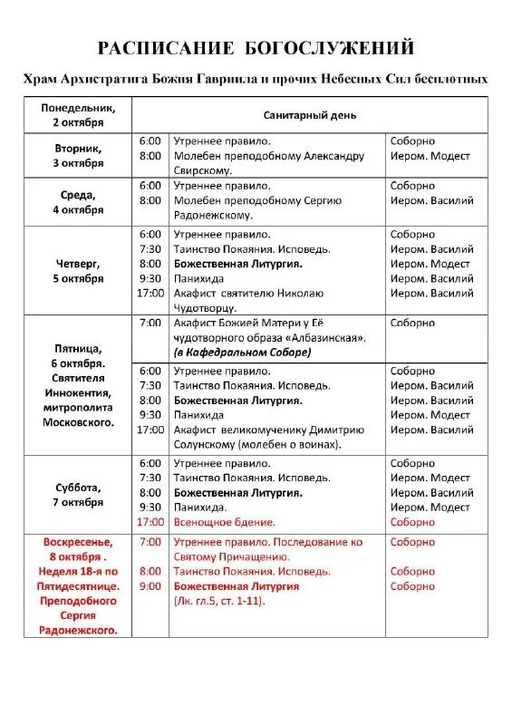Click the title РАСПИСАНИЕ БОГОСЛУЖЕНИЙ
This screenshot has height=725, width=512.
point(256,48)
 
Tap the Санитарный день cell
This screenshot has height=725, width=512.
point(309,115)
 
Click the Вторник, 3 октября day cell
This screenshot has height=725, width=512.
point(77,156)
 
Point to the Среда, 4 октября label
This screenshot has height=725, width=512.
point(77,201)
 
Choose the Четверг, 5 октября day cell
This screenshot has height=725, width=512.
point(77,271)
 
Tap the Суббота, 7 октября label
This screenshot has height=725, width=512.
point(77,494)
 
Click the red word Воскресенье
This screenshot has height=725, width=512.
point(77,542)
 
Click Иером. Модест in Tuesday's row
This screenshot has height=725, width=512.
point(430,156)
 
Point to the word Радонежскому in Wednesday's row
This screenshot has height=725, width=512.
point(213,216)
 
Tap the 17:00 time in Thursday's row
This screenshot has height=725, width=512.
point(150,293)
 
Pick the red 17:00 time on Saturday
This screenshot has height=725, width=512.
point(150,522)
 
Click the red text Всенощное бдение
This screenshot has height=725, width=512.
point(224,522)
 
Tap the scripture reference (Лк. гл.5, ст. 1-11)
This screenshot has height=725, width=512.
point(219,601)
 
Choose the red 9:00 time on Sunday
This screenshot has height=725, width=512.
point(150,586)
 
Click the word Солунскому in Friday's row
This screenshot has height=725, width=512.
point(205,445)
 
